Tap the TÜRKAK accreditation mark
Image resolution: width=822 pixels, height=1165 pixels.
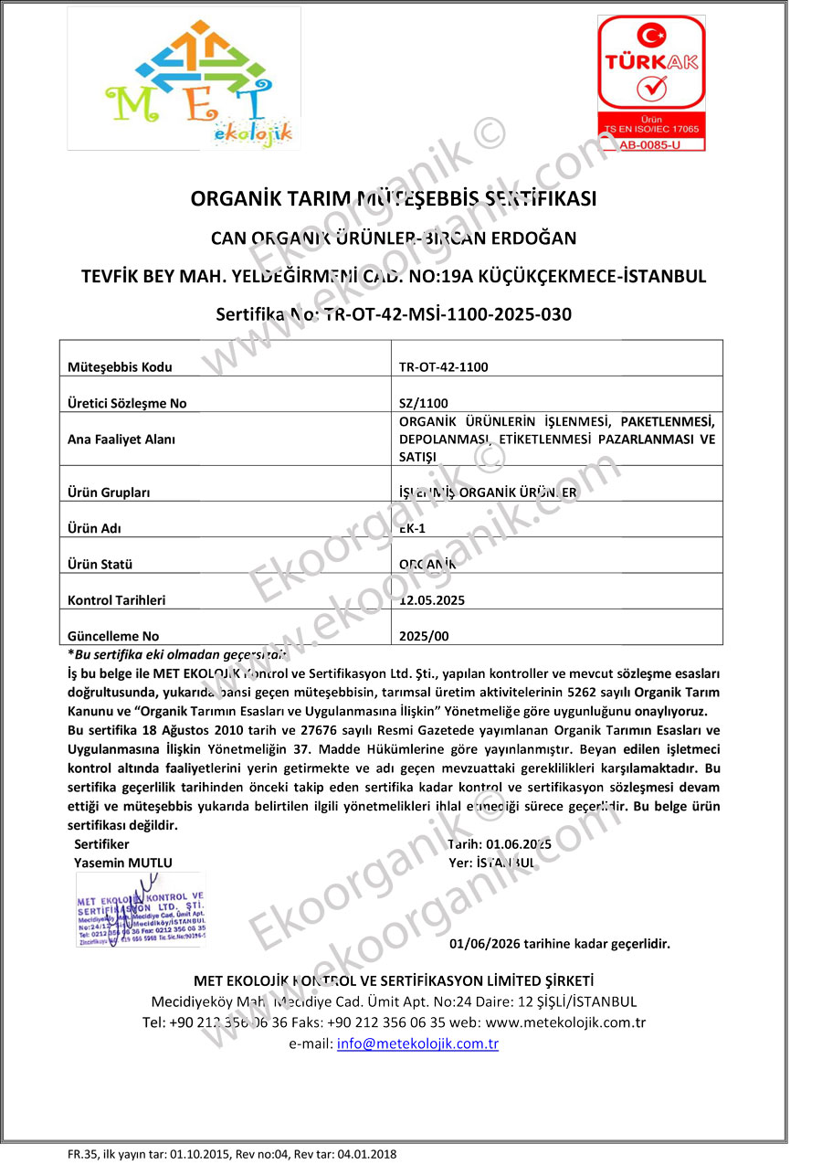click(x=651, y=82)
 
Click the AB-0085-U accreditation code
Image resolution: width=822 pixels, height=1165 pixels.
click(x=651, y=144)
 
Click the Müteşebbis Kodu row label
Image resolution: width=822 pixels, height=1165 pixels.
click(x=120, y=367)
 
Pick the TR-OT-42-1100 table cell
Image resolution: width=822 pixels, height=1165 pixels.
click(x=444, y=367)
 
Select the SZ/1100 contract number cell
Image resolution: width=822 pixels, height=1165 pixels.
click(x=424, y=403)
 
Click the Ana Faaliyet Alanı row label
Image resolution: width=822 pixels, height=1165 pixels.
click(x=121, y=439)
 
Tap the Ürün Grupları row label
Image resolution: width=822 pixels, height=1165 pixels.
click(x=109, y=492)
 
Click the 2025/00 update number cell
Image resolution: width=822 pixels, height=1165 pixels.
click(x=425, y=636)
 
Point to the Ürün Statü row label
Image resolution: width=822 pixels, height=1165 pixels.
click(x=100, y=565)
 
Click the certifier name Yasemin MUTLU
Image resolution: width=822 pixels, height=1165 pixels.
click(x=122, y=862)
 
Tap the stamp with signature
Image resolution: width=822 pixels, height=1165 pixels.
click(x=141, y=909)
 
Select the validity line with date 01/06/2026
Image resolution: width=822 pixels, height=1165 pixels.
click(x=560, y=944)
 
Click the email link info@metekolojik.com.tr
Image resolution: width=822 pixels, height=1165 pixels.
click(x=417, y=1043)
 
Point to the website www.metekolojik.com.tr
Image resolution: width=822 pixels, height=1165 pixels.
click(x=565, y=1022)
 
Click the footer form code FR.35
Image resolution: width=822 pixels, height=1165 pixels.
click(x=77, y=1154)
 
